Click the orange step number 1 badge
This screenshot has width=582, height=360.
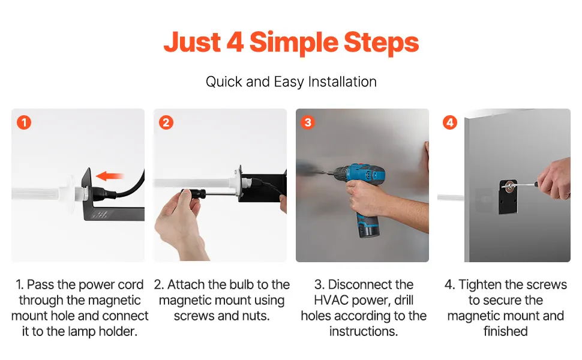pos(24,122)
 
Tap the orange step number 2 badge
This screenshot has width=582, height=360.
pos(166,122)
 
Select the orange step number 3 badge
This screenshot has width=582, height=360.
pos(308,122)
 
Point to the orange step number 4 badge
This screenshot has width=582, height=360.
pos(450,122)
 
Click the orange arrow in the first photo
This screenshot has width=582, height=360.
pos(109,176)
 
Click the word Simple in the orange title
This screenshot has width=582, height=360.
pos(293,43)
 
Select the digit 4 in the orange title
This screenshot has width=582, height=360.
pos(235,42)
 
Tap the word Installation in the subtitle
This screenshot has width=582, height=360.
pos(342,82)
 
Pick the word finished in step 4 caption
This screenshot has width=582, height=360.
pos(506,331)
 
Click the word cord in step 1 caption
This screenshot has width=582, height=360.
pos(130,284)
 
